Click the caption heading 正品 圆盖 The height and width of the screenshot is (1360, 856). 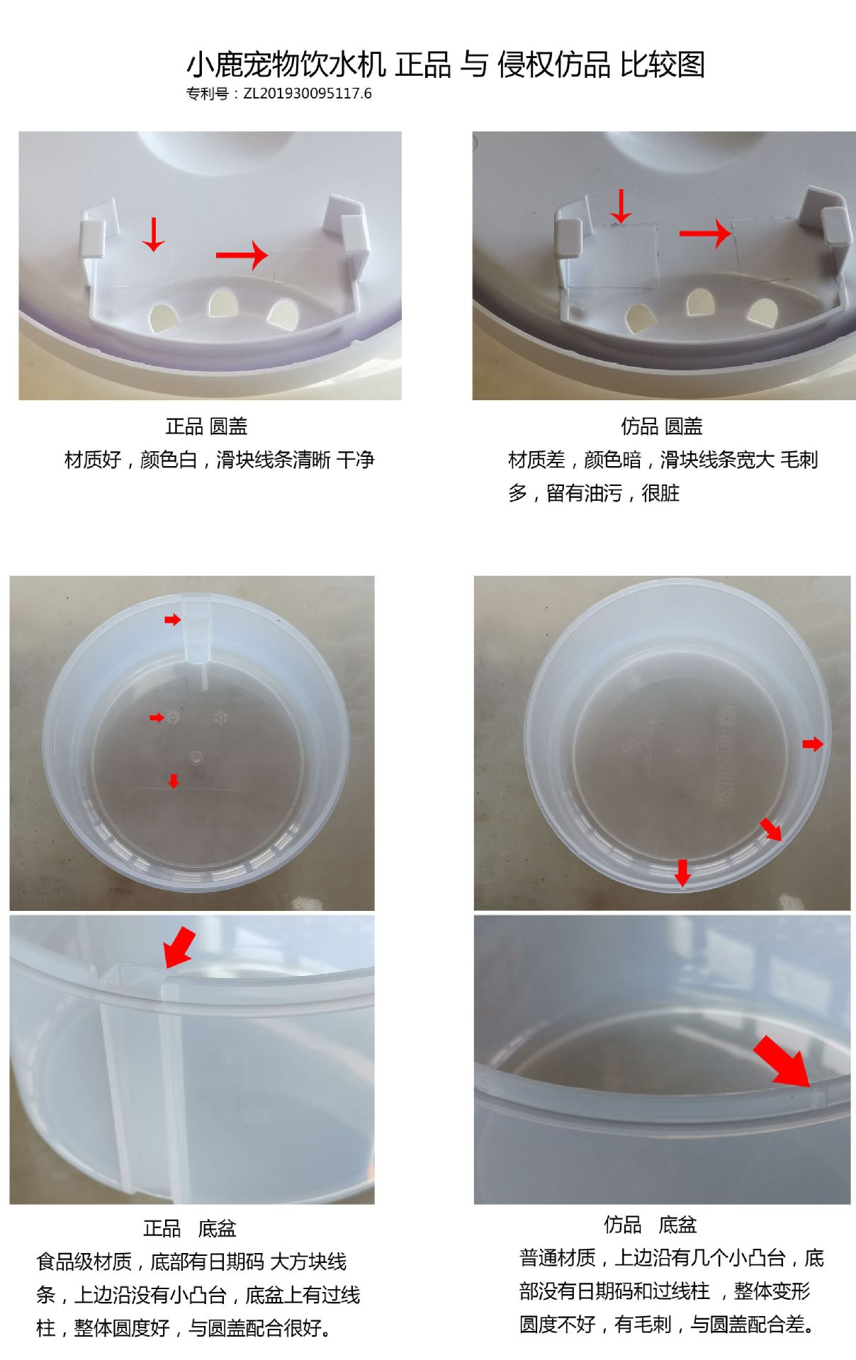point(206,426)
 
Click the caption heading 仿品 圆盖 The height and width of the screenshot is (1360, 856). point(662,426)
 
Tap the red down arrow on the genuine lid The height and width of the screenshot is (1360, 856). point(153,234)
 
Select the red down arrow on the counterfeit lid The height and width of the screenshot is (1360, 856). point(621,206)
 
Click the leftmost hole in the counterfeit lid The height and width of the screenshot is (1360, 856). point(639,319)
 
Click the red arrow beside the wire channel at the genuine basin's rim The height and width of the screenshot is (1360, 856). point(173,620)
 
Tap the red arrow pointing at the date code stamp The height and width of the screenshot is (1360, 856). point(157,718)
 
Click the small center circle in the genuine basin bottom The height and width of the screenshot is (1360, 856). point(195,757)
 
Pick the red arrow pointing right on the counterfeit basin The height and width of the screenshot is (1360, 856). point(813,744)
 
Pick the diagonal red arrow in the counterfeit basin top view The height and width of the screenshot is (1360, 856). point(771,829)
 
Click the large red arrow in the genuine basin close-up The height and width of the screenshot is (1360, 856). point(179,947)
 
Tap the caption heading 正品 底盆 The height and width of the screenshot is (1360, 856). point(190,1228)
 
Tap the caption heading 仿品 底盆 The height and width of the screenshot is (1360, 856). point(651,1225)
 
